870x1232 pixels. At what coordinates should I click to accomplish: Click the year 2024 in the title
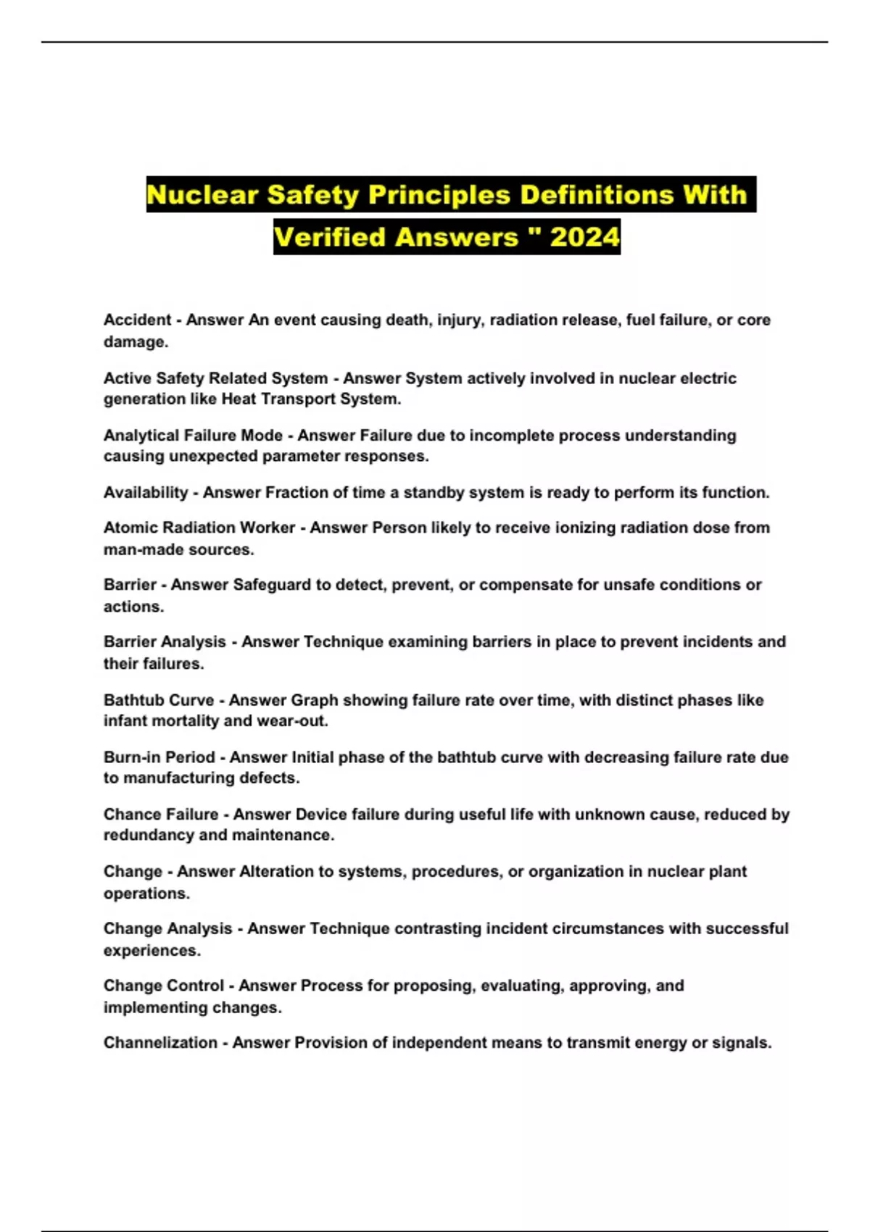584,237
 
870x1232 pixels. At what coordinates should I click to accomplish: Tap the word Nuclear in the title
202,195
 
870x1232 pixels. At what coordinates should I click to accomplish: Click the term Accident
138,320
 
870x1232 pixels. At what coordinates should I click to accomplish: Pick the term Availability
146,493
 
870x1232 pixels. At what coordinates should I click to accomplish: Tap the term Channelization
160,1043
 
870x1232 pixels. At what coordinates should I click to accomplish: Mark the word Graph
315,700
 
